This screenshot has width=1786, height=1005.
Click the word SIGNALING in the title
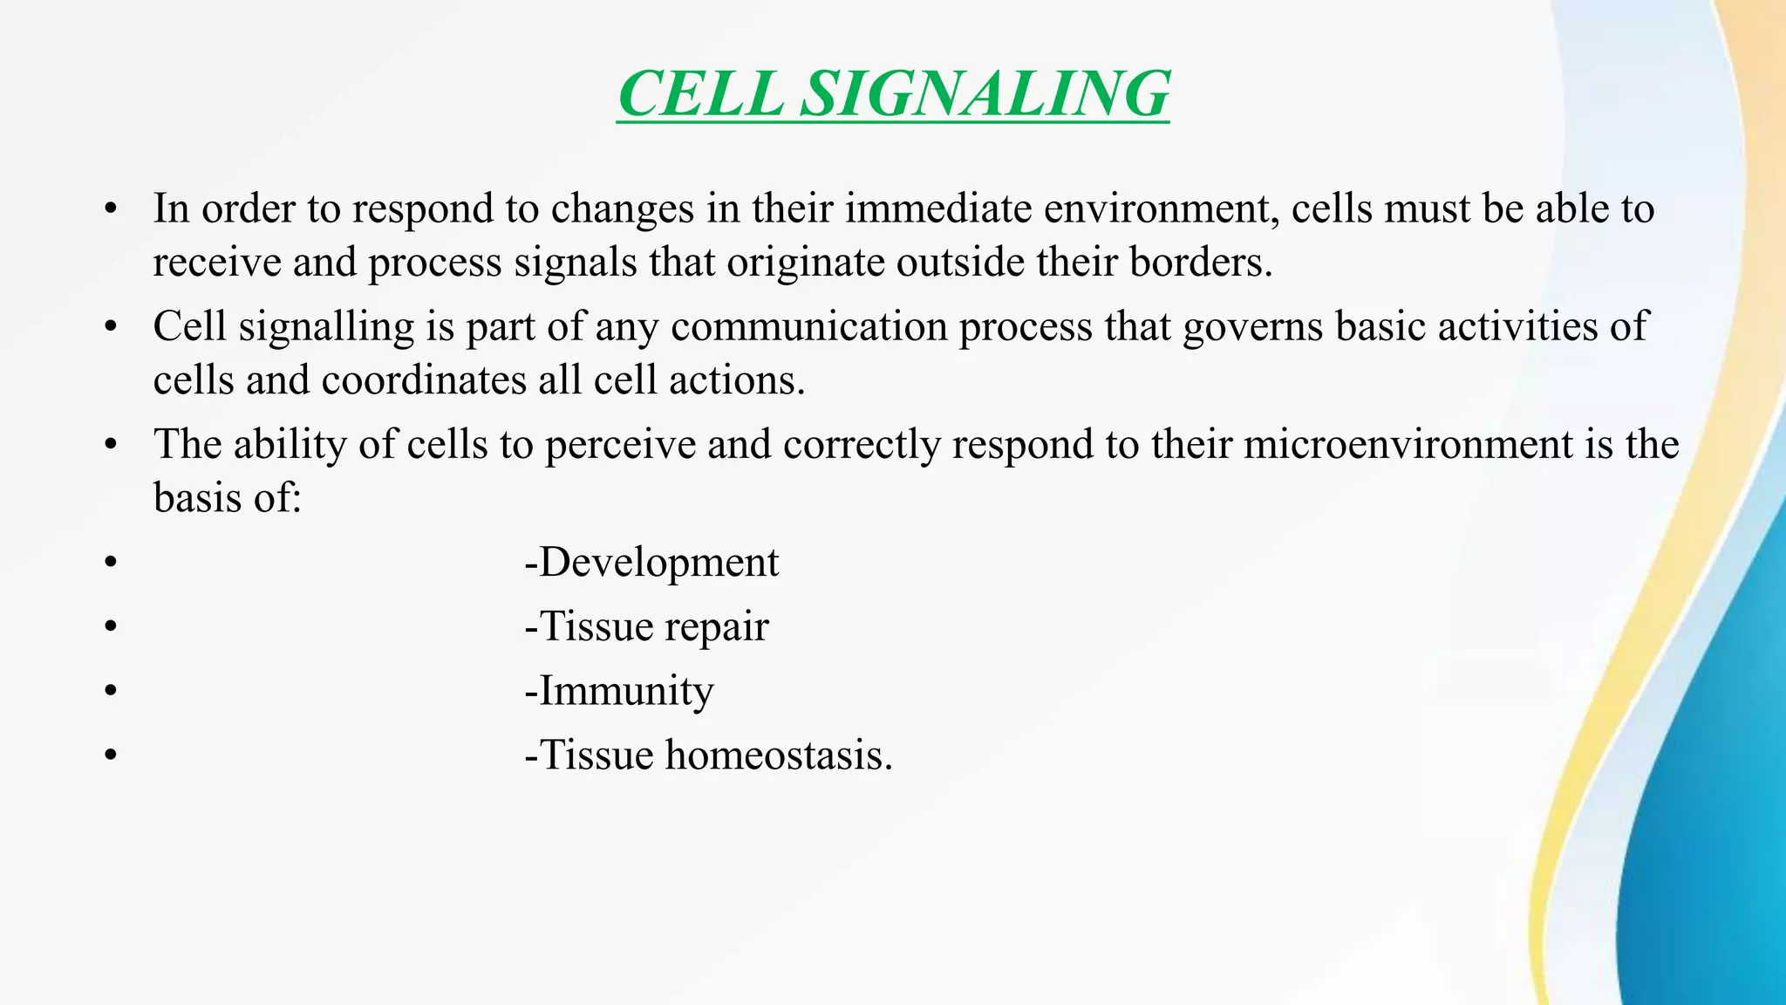(x=985, y=94)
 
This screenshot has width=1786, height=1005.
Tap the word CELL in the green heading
(x=701, y=94)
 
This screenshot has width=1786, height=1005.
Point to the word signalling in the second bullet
(x=326, y=328)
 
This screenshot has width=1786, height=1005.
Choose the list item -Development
(x=651, y=563)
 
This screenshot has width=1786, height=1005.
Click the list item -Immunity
(x=619, y=691)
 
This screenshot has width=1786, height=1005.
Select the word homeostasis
(x=779, y=755)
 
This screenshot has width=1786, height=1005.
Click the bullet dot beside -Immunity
(x=109, y=692)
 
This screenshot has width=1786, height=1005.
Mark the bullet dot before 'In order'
(x=109, y=210)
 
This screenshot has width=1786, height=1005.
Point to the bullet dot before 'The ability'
(x=109, y=446)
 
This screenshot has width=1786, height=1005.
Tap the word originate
(x=806, y=263)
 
